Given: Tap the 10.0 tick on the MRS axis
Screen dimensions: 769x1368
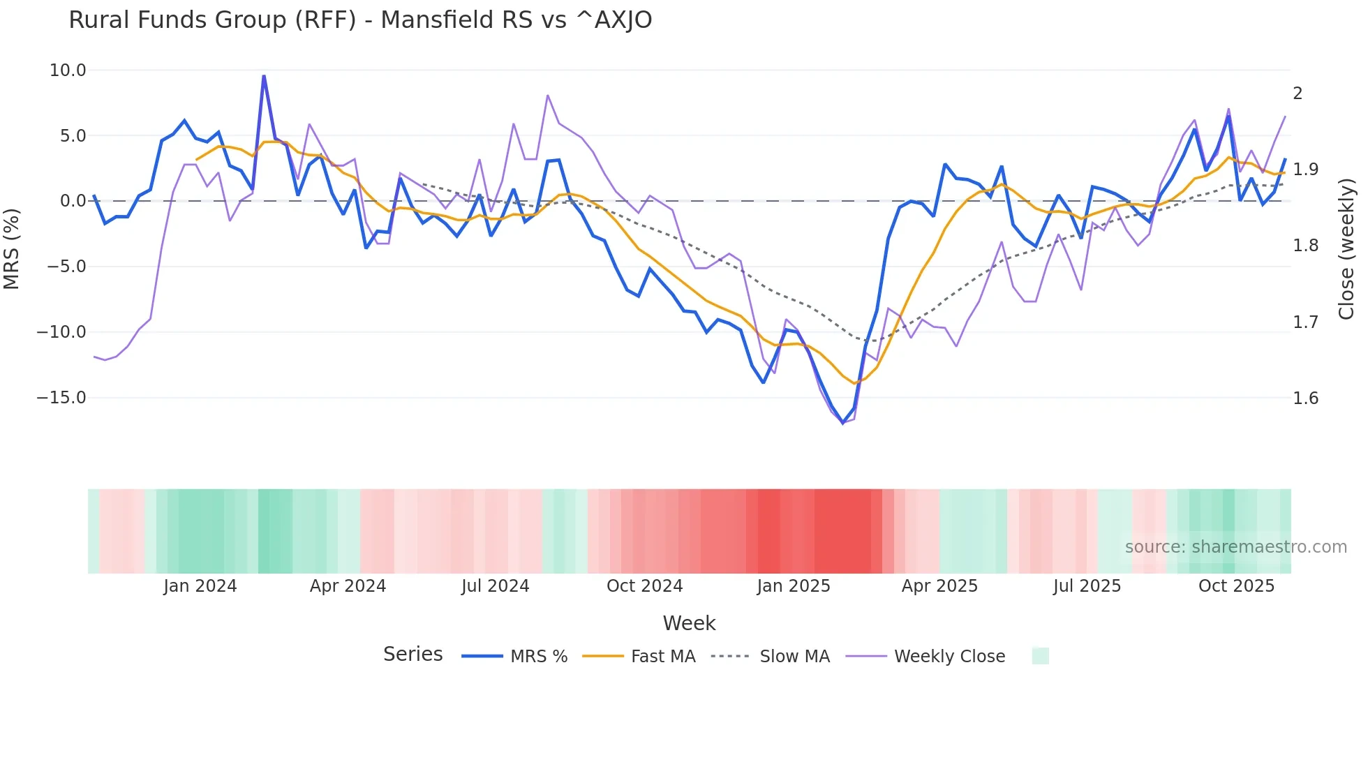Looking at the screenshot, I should pyautogui.click(x=68, y=70).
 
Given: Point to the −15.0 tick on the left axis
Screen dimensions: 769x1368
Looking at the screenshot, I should pyautogui.click(x=61, y=398).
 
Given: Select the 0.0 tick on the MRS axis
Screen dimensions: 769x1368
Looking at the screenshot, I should pyautogui.click(x=73, y=201).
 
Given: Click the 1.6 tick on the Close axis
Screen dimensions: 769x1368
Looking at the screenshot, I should pyautogui.click(x=1305, y=398).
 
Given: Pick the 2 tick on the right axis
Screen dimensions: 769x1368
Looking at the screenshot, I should pyautogui.click(x=1298, y=94).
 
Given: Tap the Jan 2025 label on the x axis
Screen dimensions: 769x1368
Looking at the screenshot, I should pyautogui.click(x=794, y=586).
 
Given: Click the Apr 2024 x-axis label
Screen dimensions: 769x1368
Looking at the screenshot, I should pyautogui.click(x=348, y=586).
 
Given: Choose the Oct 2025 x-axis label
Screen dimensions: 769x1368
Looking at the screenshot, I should pyautogui.click(x=1236, y=586).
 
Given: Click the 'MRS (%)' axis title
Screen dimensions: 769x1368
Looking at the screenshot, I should pyautogui.click(x=12, y=249).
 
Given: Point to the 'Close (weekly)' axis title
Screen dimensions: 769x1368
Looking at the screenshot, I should pyautogui.click(x=1346, y=249).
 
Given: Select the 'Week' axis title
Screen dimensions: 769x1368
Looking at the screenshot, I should pyautogui.click(x=689, y=623).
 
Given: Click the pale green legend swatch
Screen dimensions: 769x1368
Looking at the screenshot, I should pyautogui.click(x=1040, y=657).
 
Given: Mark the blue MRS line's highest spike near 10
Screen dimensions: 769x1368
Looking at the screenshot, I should pyautogui.click(x=264, y=76).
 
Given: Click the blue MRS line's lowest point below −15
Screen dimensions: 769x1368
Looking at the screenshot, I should pyautogui.click(x=843, y=423).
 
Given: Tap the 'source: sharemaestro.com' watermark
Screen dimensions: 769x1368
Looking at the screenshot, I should pyautogui.click(x=1235, y=547).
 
